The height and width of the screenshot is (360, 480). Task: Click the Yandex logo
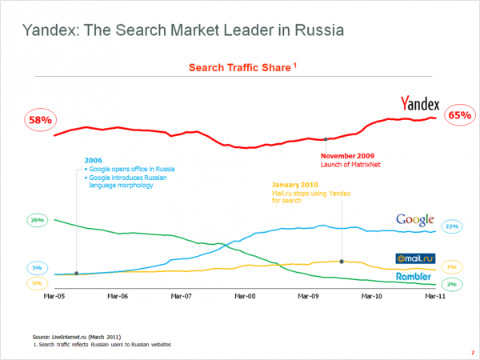click(420, 103)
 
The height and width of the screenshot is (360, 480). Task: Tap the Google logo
click(415, 220)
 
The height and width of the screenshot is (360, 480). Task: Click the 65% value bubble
click(460, 115)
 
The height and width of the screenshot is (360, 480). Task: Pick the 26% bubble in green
click(37, 219)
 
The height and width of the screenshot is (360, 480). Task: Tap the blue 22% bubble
click(451, 227)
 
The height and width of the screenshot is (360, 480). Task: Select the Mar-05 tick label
click(54, 296)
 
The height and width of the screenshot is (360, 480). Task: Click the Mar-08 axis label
click(245, 296)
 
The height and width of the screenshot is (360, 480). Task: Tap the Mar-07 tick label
click(182, 296)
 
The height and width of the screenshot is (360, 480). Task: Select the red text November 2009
click(346, 156)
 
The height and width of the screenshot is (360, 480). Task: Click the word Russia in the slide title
click(314, 31)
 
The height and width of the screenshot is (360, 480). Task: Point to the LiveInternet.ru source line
click(77, 338)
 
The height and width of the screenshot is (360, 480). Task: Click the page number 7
click(470, 351)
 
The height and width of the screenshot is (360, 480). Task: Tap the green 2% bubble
click(451, 285)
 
